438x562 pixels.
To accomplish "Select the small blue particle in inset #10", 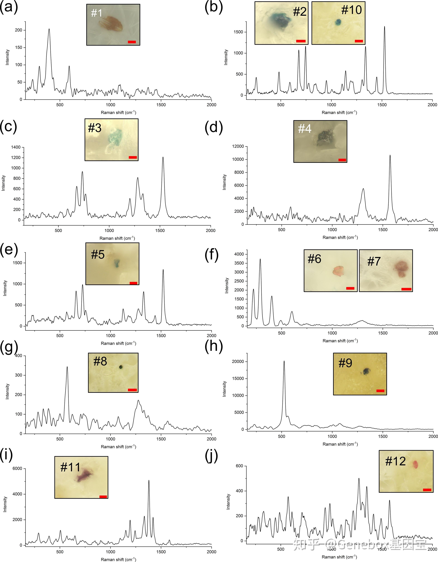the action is (338, 22).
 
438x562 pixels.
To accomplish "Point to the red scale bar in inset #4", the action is (342, 160).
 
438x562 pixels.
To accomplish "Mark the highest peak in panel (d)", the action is (390, 155).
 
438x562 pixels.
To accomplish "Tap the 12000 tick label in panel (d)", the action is (238, 146).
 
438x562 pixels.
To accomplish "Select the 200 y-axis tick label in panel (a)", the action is (18, 30).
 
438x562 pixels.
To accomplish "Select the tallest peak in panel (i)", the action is (149, 480).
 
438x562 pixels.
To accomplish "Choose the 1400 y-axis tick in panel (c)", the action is (16, 147).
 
